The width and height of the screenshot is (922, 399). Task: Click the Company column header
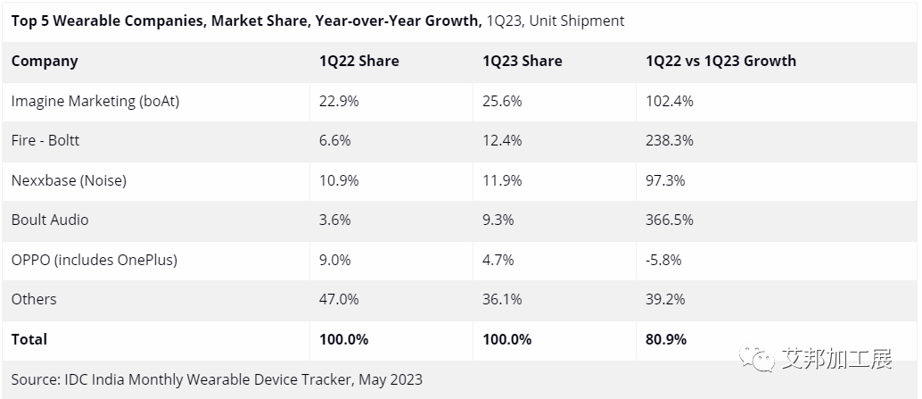pyautogui.click(x=45, y=62)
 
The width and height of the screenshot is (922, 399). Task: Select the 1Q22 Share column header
pyautogui.click(x=358, y=62)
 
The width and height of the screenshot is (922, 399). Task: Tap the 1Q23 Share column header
pyautogui.click(x=522, y=62)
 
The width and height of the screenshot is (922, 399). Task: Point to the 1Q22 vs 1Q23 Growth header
pyautogui.click(x=720, y=62)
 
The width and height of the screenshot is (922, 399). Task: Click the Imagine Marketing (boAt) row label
pyautogui.click(x=95, y=102)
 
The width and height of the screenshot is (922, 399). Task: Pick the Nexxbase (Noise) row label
pyautogui.click(x=69, y=180)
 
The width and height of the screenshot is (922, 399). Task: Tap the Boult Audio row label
pyautogui.click(x=50, y=220)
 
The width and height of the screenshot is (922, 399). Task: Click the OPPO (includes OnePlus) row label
pyautogui.click(x=95, y=260)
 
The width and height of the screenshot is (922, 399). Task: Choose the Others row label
pyautogui.click(x=34, y=299)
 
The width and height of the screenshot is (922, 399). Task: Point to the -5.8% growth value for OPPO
pyautogui.click(x=663, y=260)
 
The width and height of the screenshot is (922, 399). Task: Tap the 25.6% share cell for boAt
pyautogui.click(x=502, y=102)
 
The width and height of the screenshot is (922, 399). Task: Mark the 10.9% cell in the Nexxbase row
pyautogui.click(x=339, y=180)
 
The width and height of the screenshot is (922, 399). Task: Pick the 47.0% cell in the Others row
pyautogui.click(x=339, y=299)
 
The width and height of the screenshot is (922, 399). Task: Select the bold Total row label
pyautogui.click(x=29, y=339)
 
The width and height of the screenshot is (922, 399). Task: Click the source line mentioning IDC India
pyautogui.click(x=217, y=379)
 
